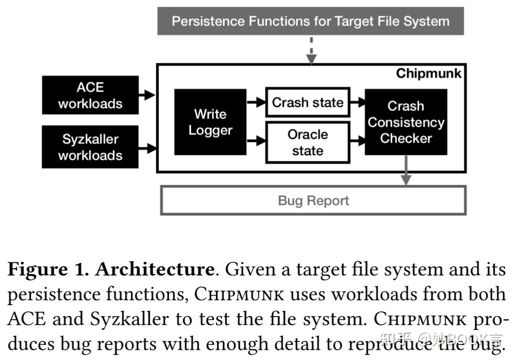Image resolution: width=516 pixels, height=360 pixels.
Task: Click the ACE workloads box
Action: [x=90, y=95]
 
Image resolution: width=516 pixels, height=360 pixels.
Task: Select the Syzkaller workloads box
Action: [x=90, y=147]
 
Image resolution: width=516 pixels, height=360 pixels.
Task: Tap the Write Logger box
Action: [x=210, y=122]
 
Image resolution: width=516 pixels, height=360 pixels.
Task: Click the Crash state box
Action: [x=307, y=103]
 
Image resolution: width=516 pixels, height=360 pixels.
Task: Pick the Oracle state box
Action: [x=307, y=142]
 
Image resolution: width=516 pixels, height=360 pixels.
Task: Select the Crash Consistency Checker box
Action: [x=405, y=122]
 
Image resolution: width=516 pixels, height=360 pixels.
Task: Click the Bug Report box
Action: [x=313, y=201]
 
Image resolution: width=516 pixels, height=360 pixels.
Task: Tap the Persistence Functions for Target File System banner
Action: [x=310, y=21]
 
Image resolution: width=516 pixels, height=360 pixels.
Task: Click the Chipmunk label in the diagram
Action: [x=428, y=73]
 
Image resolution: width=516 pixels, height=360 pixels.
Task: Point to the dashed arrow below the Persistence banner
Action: [x=311, y=50]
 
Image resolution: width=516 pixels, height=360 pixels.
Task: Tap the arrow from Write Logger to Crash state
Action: [x=256, y=103]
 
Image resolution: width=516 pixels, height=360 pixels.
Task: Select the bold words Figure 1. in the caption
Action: [x=48, y=269]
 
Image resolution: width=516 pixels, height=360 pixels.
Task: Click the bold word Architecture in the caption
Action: [x=154, y=269]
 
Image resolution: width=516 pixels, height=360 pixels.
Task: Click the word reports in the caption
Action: [x=125, y=344]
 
